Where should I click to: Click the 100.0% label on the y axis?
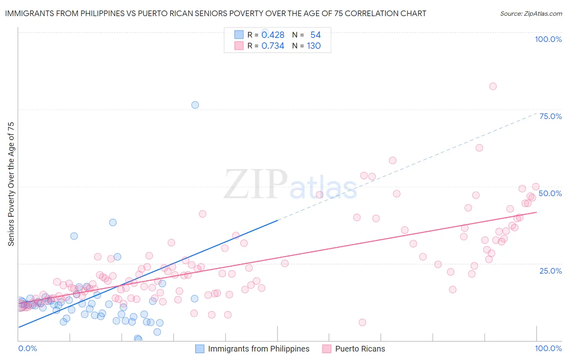(548, 39)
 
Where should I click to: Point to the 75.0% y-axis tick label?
(550, 116)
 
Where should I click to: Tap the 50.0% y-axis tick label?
(550, 193)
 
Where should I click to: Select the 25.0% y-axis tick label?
(550, 271)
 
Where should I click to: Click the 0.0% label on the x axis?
(27, 348)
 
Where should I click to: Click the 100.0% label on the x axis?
(548, 348)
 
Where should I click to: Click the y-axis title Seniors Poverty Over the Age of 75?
(11, 184)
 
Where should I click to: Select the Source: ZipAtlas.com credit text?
(531, 14)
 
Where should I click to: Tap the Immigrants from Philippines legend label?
(258, 349)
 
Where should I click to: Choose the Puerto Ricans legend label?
(360, 349)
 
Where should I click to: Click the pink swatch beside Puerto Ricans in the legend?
(327, 349)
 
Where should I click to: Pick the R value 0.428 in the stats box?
(273, 35)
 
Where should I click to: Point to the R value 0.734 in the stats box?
(273, 46)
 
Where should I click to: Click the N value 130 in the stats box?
(314, 46)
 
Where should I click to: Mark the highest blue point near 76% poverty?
(195, 105)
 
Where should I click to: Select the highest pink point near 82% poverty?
(493, 86)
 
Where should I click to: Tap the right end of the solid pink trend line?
(536, 212)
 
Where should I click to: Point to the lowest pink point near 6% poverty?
(362, 322)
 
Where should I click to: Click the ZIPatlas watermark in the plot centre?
(290, 185)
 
